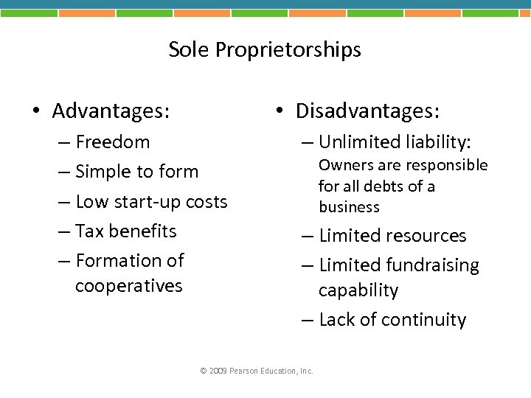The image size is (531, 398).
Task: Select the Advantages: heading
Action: pos(111,111)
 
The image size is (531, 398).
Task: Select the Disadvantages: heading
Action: pos(367,111)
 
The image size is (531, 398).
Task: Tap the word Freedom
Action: pos(112,142)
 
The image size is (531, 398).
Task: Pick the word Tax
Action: pos(89,231)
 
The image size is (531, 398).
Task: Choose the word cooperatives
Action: pos(128,286)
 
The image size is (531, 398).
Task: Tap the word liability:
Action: pos(437,142)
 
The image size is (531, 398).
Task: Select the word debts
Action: pos(392,186)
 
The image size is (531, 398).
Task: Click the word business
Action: pos(349,207)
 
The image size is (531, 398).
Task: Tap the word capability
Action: pos(358,291)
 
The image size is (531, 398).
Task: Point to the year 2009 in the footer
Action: pos(218,371)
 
